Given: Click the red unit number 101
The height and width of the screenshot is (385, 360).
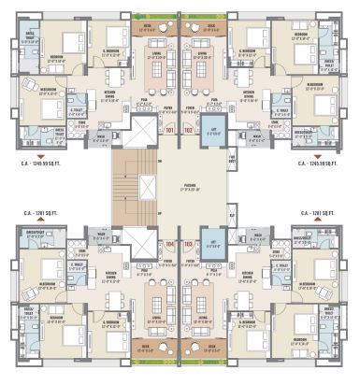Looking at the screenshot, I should (170, 130).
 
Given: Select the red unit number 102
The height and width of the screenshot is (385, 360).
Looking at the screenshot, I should (189, 130).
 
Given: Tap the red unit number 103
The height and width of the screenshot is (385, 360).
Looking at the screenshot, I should (189, 244).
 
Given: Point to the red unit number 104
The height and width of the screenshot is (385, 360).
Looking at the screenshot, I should (170, 244).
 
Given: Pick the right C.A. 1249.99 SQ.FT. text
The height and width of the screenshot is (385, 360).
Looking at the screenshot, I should (316, 163).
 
